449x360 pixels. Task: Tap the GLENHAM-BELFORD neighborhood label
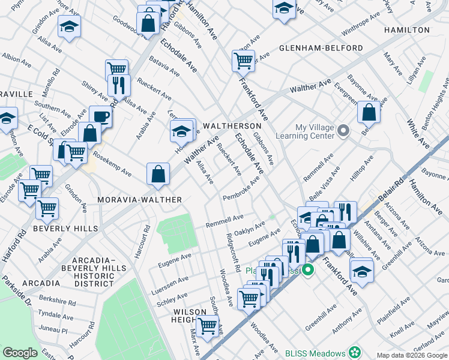[321, 48]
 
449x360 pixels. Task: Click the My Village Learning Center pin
[343, 131]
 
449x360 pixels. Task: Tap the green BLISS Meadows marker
[355, 353]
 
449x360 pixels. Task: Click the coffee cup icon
[100, 116]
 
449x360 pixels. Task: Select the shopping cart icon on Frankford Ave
[243, 59]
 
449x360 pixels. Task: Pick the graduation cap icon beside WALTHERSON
[181, 129]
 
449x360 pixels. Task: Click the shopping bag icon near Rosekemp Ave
[157, 173]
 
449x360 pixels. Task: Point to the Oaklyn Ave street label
[250, 227]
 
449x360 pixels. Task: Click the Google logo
[20, 353]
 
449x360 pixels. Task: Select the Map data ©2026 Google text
[412, 355]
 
